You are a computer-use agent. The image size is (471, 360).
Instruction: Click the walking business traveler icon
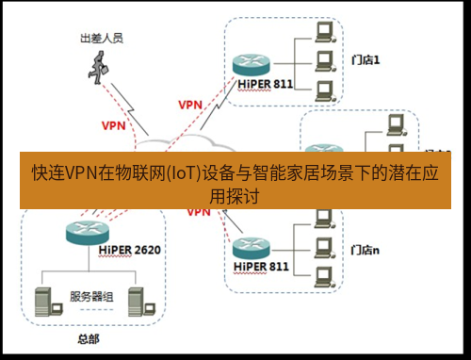(x=99, y=67)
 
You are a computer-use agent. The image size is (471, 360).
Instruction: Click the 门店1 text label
(x=363, y=60)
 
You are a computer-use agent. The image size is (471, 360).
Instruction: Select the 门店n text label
(x=364, y=251)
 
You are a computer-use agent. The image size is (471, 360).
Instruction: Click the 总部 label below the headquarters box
(x=88, y=337)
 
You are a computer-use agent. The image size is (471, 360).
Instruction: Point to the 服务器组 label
(x=91, y=296)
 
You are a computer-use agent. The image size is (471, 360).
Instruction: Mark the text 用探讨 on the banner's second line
(x=235, y=195)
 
